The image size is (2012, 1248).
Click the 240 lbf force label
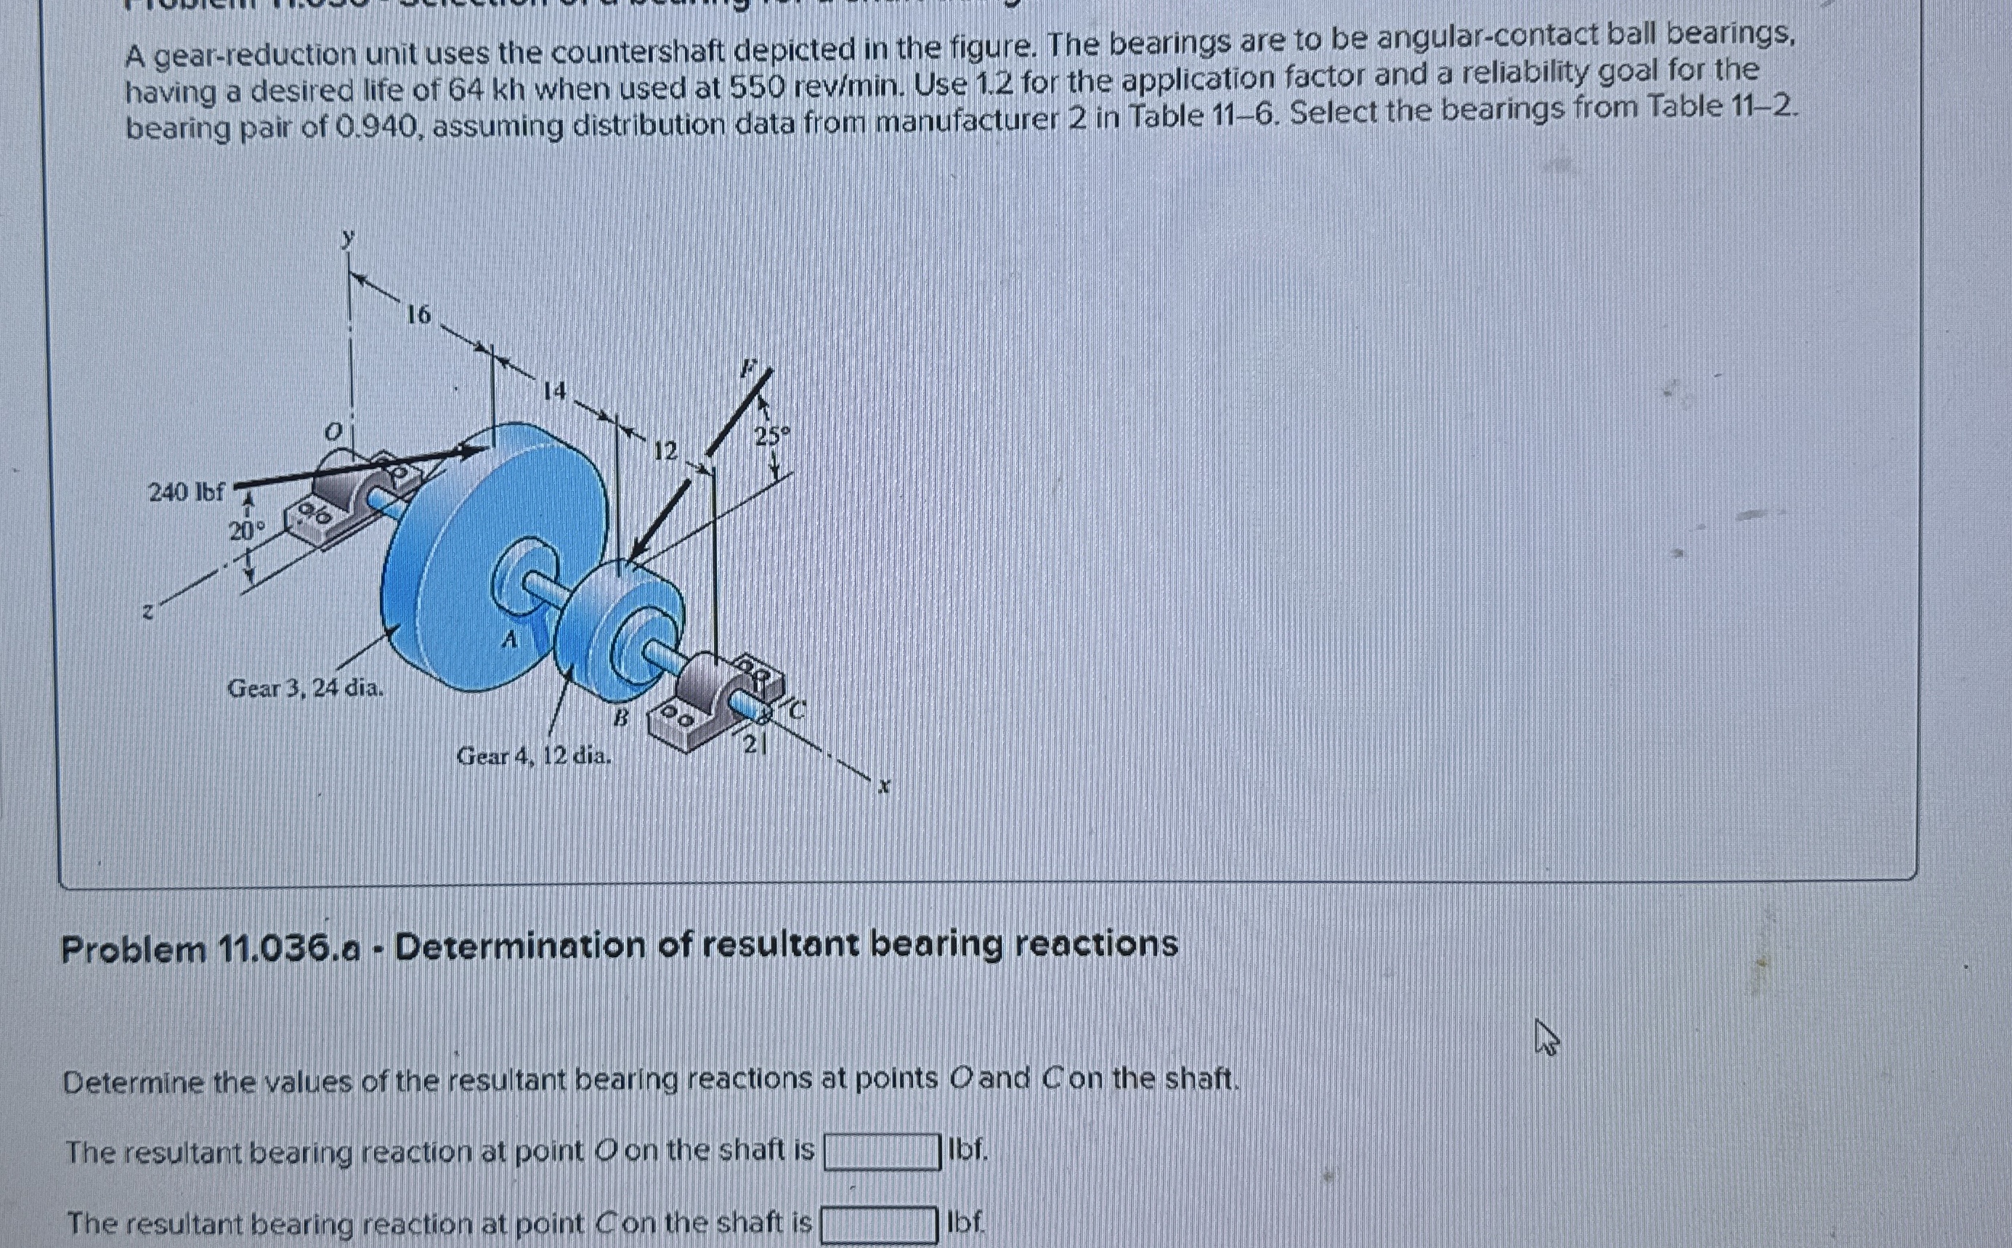(186, 493)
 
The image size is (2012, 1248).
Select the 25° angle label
(771, 435)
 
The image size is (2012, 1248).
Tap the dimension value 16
(418, 315)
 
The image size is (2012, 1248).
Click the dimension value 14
(555, 389)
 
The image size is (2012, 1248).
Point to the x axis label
(884, 787)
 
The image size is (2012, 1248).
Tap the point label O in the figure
(333, 431)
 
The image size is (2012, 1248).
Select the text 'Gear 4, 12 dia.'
(534, 755)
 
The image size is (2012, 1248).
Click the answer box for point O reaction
(883, 1152)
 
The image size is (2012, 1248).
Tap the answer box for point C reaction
(878, 1224)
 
